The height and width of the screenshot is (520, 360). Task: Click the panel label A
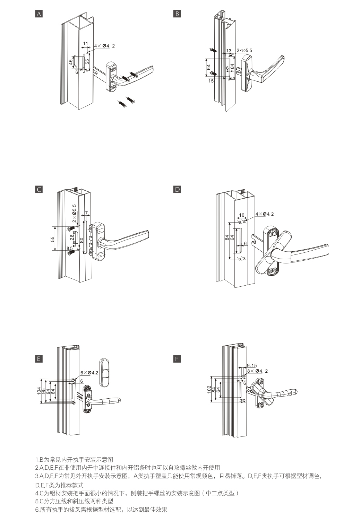(39, 14)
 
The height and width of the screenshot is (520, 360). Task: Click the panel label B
(177, 14)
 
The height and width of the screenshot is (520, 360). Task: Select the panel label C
(39, 189)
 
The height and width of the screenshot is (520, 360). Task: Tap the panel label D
(177, 189)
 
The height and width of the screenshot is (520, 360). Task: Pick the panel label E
(39, 359)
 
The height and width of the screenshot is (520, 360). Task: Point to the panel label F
(177, 359)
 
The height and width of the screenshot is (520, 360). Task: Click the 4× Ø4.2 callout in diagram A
(104, 46)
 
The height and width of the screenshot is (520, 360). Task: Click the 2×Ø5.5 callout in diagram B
(244, 51)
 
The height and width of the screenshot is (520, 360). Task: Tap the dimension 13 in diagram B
(229, 51)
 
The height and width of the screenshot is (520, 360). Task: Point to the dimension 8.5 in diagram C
(69, 248)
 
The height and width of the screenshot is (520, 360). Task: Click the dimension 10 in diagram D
(242, 215)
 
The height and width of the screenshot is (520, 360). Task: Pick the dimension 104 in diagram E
(39, 391)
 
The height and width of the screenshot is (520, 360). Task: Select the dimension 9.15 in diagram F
(252, 365)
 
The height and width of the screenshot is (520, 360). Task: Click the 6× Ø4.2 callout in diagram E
(89, 373)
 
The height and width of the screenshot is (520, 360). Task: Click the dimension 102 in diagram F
(209, 389)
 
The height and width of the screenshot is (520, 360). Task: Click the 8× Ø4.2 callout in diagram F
(257, 371)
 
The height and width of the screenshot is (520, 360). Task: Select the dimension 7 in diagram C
(86, 212)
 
